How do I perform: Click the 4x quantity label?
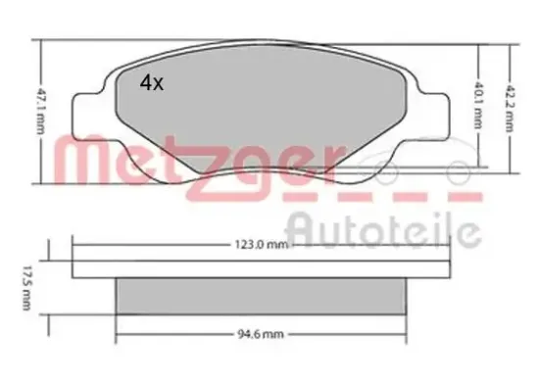[x=152, y=84]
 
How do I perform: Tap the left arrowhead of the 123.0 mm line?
[x=76, y=245]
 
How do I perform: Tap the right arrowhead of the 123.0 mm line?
[x=448, y=245]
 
